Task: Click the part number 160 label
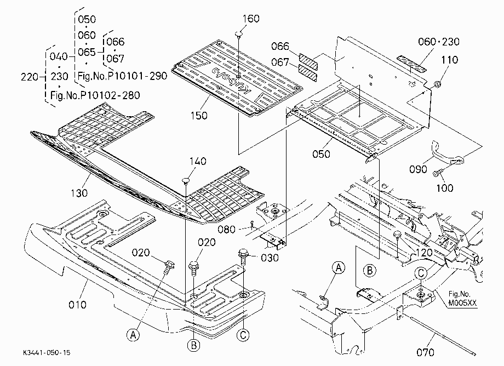pos(251,19)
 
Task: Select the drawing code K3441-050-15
pos(47,352)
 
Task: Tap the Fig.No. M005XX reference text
pos(463,298)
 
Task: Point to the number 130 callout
pos(79,193)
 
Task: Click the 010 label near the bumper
pos(77,304)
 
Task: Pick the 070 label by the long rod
pos(425,352)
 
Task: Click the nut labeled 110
pos(437,84)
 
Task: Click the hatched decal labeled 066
pos(308,59)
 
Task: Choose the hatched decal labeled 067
pos(308,71)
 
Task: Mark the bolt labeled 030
pos(243,257)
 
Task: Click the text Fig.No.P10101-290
pos(123,76)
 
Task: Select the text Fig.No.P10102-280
pos(95,95)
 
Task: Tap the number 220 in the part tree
pos(30,77)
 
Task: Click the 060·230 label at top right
pos(439,42)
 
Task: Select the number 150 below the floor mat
pos(199,116)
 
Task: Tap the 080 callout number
pos(227,229)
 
